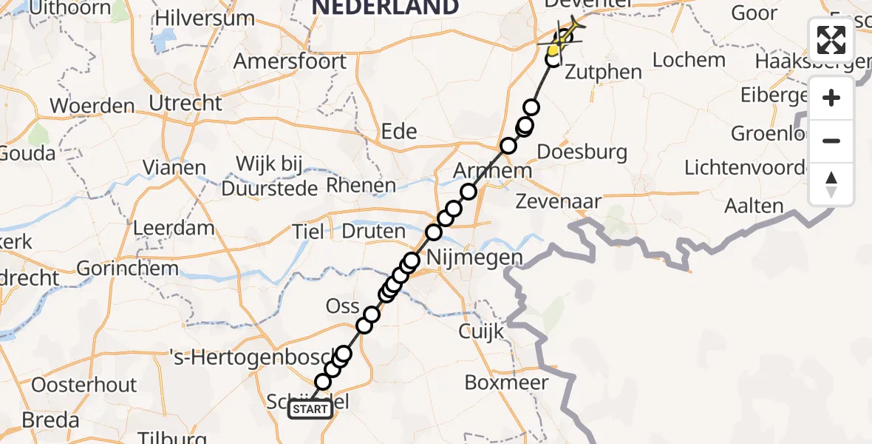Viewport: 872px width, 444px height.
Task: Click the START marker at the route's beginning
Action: click(310, 409)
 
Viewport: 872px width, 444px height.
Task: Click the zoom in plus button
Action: click(831, 98)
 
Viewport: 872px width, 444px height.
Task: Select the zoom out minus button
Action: click(831, 141)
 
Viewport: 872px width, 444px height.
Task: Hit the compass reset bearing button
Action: click(831, 184)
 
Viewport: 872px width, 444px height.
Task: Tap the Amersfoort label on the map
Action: click(290, 61)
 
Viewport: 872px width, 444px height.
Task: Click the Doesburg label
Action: click(582, 152)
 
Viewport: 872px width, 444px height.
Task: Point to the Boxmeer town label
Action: click(506, 383)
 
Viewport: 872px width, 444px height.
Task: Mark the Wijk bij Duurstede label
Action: click(270, 175)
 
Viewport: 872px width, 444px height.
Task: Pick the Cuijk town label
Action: click(481, 332)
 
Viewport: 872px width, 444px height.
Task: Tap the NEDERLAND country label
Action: click(384, 7)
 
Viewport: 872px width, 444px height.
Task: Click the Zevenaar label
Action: click(559, 201)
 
